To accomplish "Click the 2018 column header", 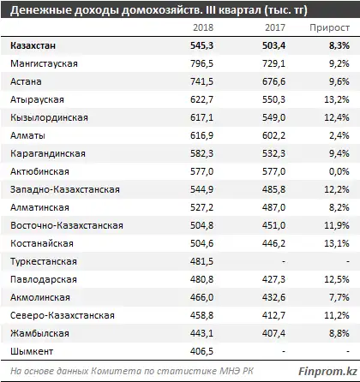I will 209,27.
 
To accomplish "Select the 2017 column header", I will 276,27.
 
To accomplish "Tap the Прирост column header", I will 329,27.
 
